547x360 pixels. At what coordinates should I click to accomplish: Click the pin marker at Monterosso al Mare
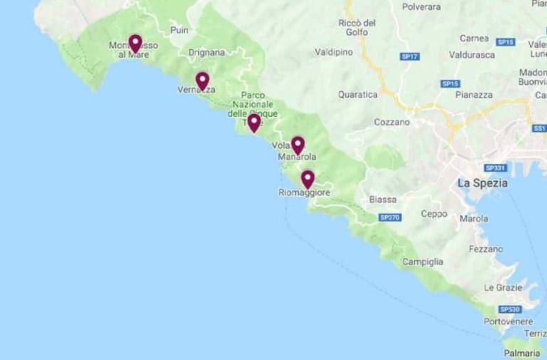coord(135,43)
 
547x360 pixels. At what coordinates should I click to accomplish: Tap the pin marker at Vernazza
coord(202,80)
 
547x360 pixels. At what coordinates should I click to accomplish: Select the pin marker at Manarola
coord(298,145)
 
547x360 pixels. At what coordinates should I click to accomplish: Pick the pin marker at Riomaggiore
coord(307,178)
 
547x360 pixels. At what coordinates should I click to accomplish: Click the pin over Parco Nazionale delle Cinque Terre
coord(254,123)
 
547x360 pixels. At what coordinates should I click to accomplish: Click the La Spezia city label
coord(482,182)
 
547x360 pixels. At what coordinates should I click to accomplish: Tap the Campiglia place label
coord(422,262)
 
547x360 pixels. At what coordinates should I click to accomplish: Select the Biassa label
coord(383,200)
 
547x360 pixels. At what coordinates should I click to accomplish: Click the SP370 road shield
coord(390,217)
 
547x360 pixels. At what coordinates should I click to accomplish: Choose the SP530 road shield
coord(509,309)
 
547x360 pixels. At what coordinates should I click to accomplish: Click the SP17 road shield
coord(410,56)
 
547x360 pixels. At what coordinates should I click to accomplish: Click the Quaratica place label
coord(358,94)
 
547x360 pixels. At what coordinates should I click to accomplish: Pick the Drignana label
coord(207,52)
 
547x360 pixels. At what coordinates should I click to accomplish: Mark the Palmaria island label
coord(521,353)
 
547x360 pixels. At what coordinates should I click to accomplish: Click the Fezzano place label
coord(486,249)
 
